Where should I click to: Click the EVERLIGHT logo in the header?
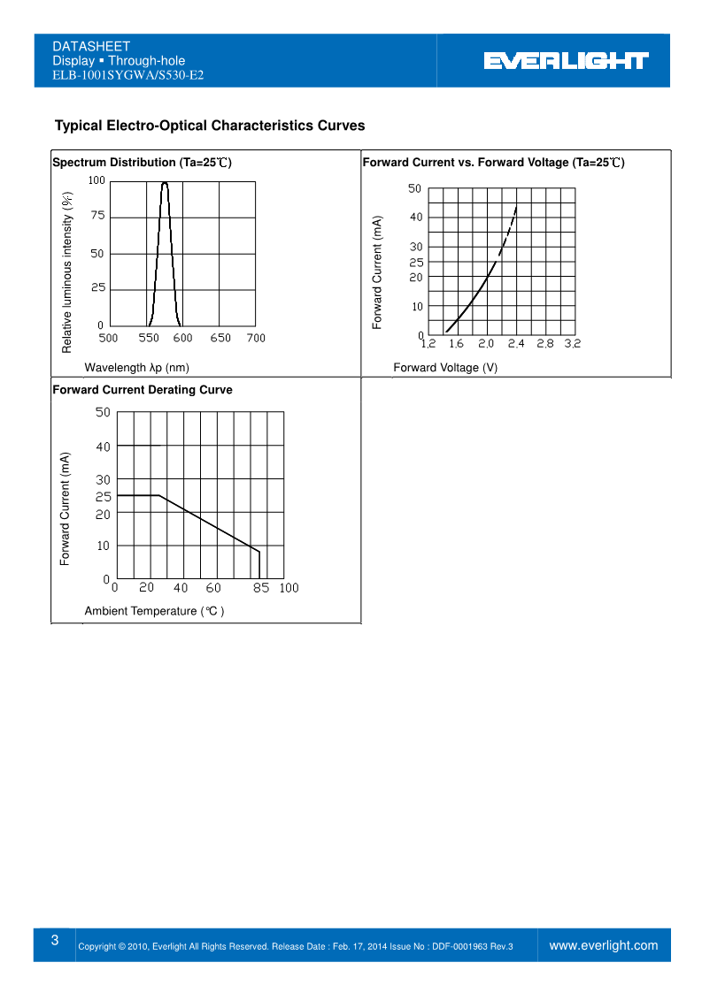567,61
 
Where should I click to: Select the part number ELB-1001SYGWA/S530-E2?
128,75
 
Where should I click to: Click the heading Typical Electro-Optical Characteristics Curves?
210,126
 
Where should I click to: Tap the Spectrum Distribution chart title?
142,163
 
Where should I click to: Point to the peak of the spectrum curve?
165,183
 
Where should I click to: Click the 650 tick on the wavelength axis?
220,338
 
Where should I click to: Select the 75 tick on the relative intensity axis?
97,217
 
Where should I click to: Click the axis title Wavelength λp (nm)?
136,367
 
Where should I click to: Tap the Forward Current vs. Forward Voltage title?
493,163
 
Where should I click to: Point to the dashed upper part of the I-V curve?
509,230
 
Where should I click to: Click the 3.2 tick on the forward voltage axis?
572,344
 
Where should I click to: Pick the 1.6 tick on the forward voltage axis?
456,344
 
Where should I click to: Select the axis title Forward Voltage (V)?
445,368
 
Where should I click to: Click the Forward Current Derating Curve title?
143,390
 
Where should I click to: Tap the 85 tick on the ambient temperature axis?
261,588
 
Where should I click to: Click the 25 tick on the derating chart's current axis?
103,497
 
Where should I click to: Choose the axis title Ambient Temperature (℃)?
154,611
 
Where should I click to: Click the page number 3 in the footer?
55,941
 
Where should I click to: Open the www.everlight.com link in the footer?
604,945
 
